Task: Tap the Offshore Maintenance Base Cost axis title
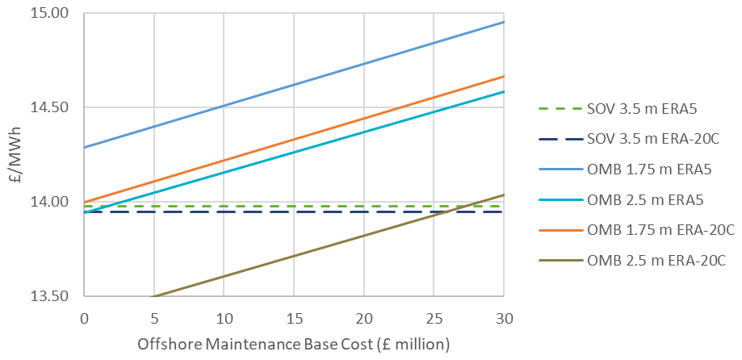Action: tap(294, 344)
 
